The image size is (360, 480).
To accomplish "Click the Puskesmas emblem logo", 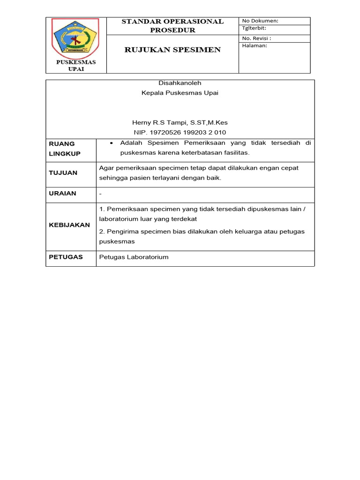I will click(75, 37).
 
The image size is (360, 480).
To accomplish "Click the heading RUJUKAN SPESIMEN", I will click(172, 50).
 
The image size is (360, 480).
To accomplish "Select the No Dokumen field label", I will click(260, 21).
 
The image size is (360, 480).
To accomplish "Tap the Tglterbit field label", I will click(254, 29).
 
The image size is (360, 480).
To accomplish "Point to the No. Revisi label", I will click(256, 38).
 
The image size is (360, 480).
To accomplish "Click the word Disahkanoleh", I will click(180, 82).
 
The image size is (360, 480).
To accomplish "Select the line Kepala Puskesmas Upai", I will click(180, 93).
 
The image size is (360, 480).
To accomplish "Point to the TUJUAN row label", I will click(63, 173).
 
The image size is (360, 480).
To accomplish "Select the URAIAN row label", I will click(63, 193).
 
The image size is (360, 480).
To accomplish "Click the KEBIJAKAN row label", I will click(69, 225).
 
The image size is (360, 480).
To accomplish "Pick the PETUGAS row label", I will click(66, 257).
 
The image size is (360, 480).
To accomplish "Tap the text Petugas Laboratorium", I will click(134, 257).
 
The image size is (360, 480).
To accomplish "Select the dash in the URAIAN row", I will click(101, 194).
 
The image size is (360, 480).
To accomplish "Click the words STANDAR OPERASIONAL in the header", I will click(172, 22).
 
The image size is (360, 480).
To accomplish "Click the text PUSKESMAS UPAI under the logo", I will click(76, 66).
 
